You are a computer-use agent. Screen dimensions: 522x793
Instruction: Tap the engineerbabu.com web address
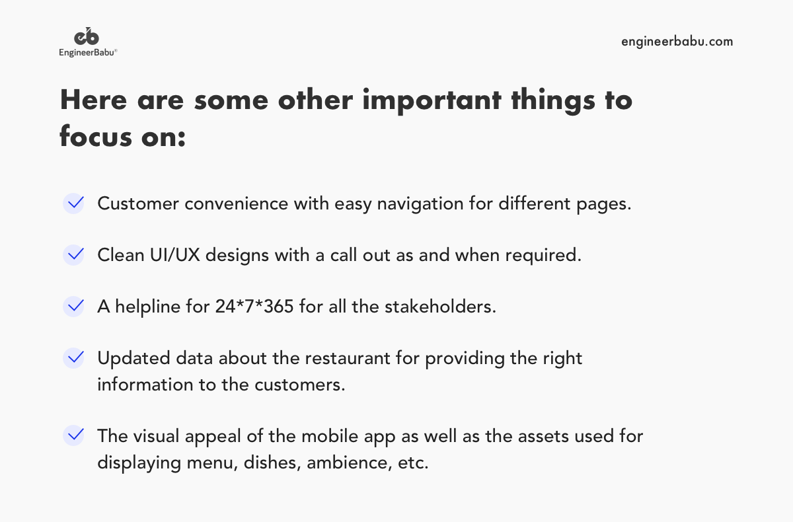pyautogui.click(x=677, y=42)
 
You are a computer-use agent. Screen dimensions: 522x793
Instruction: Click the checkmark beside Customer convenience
pyautogui.click(x=74, y=203)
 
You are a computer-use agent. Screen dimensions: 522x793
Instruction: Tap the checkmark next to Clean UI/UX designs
pyautogui.click(x=74, y=254)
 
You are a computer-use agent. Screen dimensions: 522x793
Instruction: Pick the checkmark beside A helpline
pyautogui.click(x=74, y=306)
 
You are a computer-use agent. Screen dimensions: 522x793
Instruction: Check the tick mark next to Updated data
pyautogui.click(x=74, y=358)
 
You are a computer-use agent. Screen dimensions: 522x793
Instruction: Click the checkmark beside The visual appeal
pyautogui.click(x=74, y=435)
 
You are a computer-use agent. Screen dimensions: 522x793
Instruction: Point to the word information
pyautogui.click(x=141, y=385)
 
